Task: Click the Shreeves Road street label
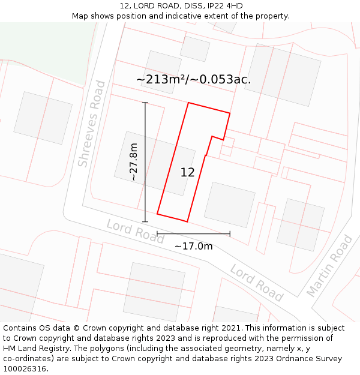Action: click(92, 124)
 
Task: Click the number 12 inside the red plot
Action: click(187, 172)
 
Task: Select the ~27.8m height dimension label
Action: click(134, 162)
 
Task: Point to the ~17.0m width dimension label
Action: click(193, 246)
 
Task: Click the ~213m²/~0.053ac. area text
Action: click(193, 79)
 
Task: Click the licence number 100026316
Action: click(25, 369)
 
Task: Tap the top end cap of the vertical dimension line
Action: click(145, 103)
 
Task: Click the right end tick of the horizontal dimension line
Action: click(230, 233)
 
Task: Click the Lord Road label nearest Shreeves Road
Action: click(135, 231)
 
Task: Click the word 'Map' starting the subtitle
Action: click(80, 16)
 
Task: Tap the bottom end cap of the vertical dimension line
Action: click(145, 221)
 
